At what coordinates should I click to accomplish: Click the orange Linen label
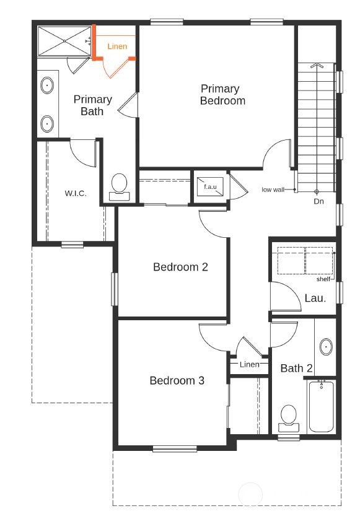[x=117, y=46]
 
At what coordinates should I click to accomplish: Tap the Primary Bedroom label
[x=222, y=95]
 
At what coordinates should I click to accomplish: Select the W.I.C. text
[x=76, y=193]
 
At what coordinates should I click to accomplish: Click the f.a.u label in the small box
[x=210, y=186]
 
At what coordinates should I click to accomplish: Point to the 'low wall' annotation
[x=273, y=190]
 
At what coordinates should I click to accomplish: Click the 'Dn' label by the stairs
[x=319, y=201]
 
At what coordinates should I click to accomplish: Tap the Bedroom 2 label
[x=180, y=267]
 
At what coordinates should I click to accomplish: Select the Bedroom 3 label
[x=177, y=380]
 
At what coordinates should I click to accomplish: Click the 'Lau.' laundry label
[x=315, y=298]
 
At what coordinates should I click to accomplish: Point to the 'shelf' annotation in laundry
[x=323, y=279]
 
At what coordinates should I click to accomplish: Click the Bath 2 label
[x=297, y=369]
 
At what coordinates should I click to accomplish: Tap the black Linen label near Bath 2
[x=249, y=364]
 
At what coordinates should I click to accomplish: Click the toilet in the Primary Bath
[x=120, y=187]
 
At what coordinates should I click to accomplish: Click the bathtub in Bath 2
[x=321, y=406]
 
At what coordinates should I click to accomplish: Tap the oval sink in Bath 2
[x=326, y=347]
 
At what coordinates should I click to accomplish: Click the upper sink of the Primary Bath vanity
[x=48, y=85]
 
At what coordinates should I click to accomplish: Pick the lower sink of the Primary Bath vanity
[x=48, y=124]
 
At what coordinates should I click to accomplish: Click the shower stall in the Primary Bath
[x=64, y=41]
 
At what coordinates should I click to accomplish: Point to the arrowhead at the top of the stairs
[x=316, y=65]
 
